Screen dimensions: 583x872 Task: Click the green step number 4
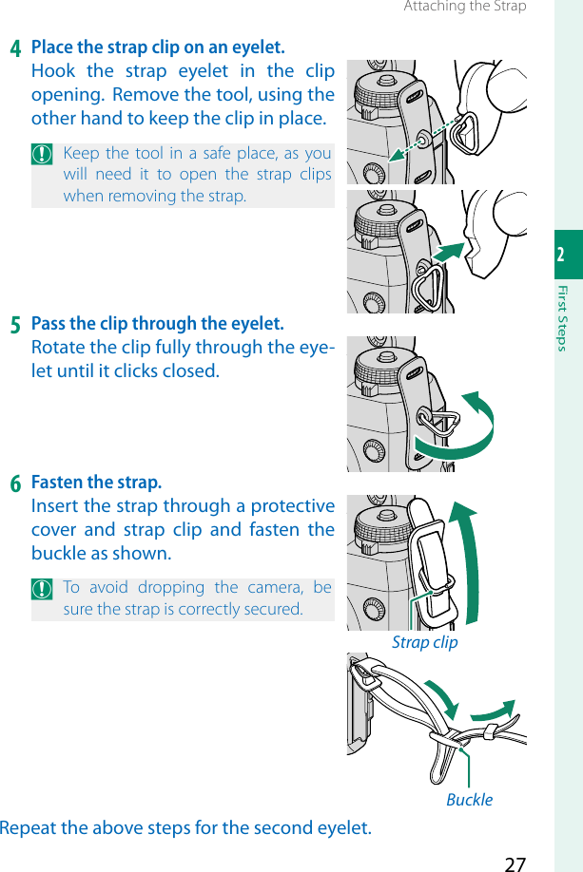coord(15,48)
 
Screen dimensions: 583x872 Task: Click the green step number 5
coord(15,325)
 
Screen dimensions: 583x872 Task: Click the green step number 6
coord(15,483)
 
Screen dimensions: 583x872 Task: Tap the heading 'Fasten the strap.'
coord(96,483)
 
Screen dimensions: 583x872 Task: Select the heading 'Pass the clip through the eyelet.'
coord(158,324)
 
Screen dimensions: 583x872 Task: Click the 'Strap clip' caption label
coord(425,643)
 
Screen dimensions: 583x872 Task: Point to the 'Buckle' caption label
coord(470,800)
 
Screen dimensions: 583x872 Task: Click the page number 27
coord(515,863)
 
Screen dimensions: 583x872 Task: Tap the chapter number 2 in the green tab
coord(561,255)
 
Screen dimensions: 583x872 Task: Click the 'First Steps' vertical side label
coord(562,318)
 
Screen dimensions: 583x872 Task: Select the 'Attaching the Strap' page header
coord(465,6)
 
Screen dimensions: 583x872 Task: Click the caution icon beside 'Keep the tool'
coord(42,154)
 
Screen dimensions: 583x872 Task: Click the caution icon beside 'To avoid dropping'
coord(42,589)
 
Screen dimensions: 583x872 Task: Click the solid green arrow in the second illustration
coord(448,252)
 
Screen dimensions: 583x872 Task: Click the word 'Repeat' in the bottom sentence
coord(28,828)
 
